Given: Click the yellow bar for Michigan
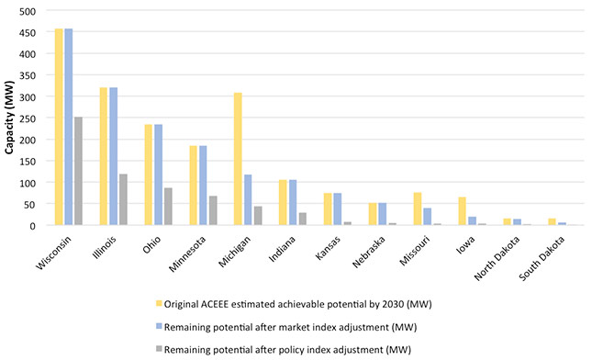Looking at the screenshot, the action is pyautogui.click(x=238, y=159).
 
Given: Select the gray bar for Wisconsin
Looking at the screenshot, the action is pyautogui.click(x=78, y=171).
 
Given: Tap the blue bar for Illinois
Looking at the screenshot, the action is pyautogui.click(x=113, y=156).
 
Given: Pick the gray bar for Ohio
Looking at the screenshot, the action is pyautogui.click(x=168, y=207).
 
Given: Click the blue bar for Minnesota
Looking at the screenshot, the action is pyautogui.click(x=203, y=186).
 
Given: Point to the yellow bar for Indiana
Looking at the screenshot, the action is pyautogui.click(x=283, y=202).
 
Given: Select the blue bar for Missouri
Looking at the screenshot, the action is pyautogui.click(x=427, y=217).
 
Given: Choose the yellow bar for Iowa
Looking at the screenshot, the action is pyautogui.click(x=462, y=211).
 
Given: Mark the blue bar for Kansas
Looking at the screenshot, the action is pyautogui.click(x=337, y=209).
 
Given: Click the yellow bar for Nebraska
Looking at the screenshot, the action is pyautogui.click(x=373, y=214).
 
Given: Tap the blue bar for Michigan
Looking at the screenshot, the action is pyautogui.click(x=248, y=200).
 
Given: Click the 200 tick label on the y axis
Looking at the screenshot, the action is pyautogui.click(x=28, y=140).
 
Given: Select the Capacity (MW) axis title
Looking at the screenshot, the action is pyautogui.click(x=9, y=118).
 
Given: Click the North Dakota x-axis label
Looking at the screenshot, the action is pyautogui.click(x=497, y=258).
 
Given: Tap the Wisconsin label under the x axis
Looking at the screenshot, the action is pyautogui.click(x=53, y=253).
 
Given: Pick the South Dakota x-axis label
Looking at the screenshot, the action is pyautogui.click(x=542, y=258).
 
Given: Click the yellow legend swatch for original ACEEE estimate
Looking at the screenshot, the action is pyautogui.click(x=159, y=303).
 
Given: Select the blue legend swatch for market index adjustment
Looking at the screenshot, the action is pyautogui.click(x=159, y=326).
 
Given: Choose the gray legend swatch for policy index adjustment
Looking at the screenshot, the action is pyautogui.click(x=159, y=349).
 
